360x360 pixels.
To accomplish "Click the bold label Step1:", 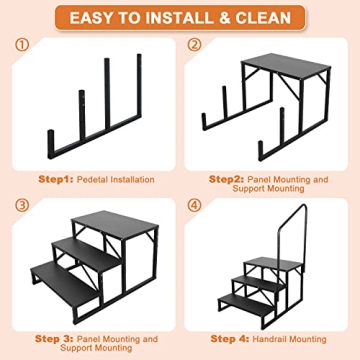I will coord(56,179).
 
